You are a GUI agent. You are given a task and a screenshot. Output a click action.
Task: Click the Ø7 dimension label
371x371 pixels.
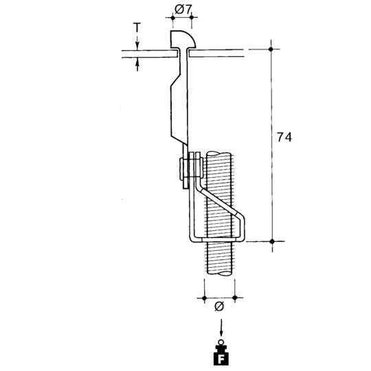coord(183,10)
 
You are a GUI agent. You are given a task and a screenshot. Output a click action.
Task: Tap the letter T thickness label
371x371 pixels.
coord(137,28)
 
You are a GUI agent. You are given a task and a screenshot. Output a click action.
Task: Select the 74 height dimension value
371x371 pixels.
coord(284,137)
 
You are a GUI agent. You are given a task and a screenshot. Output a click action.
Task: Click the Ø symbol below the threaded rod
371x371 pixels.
coord(219,306)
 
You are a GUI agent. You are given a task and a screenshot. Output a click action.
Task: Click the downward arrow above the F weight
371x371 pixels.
coord(221,327)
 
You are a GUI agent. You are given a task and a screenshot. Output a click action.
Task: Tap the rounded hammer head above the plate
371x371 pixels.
coord(183,39)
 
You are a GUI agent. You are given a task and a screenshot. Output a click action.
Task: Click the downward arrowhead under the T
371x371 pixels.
coord(137,47)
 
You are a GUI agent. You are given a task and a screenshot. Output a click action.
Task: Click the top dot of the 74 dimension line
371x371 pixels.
coord(271,49)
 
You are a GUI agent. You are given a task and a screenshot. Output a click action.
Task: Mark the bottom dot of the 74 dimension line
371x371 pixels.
coord(272,241)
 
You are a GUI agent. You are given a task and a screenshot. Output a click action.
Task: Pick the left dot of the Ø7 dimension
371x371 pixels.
coord(172,17)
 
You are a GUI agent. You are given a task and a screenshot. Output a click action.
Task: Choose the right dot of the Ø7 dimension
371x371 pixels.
coord(192,17)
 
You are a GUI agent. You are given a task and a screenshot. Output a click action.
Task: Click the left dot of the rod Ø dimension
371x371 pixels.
coord(205,298)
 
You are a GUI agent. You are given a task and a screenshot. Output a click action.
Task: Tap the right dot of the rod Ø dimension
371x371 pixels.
coord(235,297)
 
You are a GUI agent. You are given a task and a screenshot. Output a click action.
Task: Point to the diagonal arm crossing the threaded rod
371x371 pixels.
coord(220,202)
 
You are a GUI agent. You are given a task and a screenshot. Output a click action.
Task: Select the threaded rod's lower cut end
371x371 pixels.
coord(219,273)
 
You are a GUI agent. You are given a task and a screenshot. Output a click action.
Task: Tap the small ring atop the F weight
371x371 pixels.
coord(221,342)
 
